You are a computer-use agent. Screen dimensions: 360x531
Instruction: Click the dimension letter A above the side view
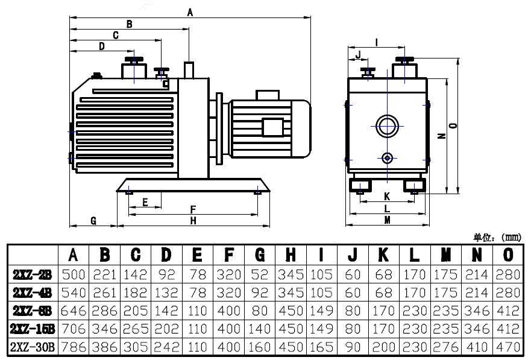click(x=190, y=11)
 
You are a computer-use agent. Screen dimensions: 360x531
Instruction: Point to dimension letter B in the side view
click(x=129, y=24)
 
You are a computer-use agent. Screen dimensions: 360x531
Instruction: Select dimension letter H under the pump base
click(x=193, y=221)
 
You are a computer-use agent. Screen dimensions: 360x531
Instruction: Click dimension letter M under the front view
click(x=387, y=220)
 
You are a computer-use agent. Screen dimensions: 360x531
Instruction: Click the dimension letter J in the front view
click(x=359, y=55)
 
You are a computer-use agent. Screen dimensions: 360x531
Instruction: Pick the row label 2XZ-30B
click(x=33, y=347)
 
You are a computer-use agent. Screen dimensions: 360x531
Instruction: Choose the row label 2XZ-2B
click(x=33, y=275)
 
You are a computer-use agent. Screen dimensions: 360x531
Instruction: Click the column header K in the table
click(x=383, y=254)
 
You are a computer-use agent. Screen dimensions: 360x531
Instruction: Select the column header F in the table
click(x=229, y=254)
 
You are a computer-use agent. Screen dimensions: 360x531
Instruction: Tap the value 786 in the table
click(x=74, y=347)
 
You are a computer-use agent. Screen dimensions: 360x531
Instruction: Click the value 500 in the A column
click(x=74, y=275)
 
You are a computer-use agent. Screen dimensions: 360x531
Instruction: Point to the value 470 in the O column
click(x=509, y=347)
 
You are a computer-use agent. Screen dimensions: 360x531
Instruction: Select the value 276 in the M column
click(x=446, y=347)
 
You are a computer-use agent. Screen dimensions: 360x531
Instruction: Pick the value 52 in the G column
click(x=260, y=275)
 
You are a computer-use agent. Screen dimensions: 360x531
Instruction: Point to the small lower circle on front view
click(x=387, y=158)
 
